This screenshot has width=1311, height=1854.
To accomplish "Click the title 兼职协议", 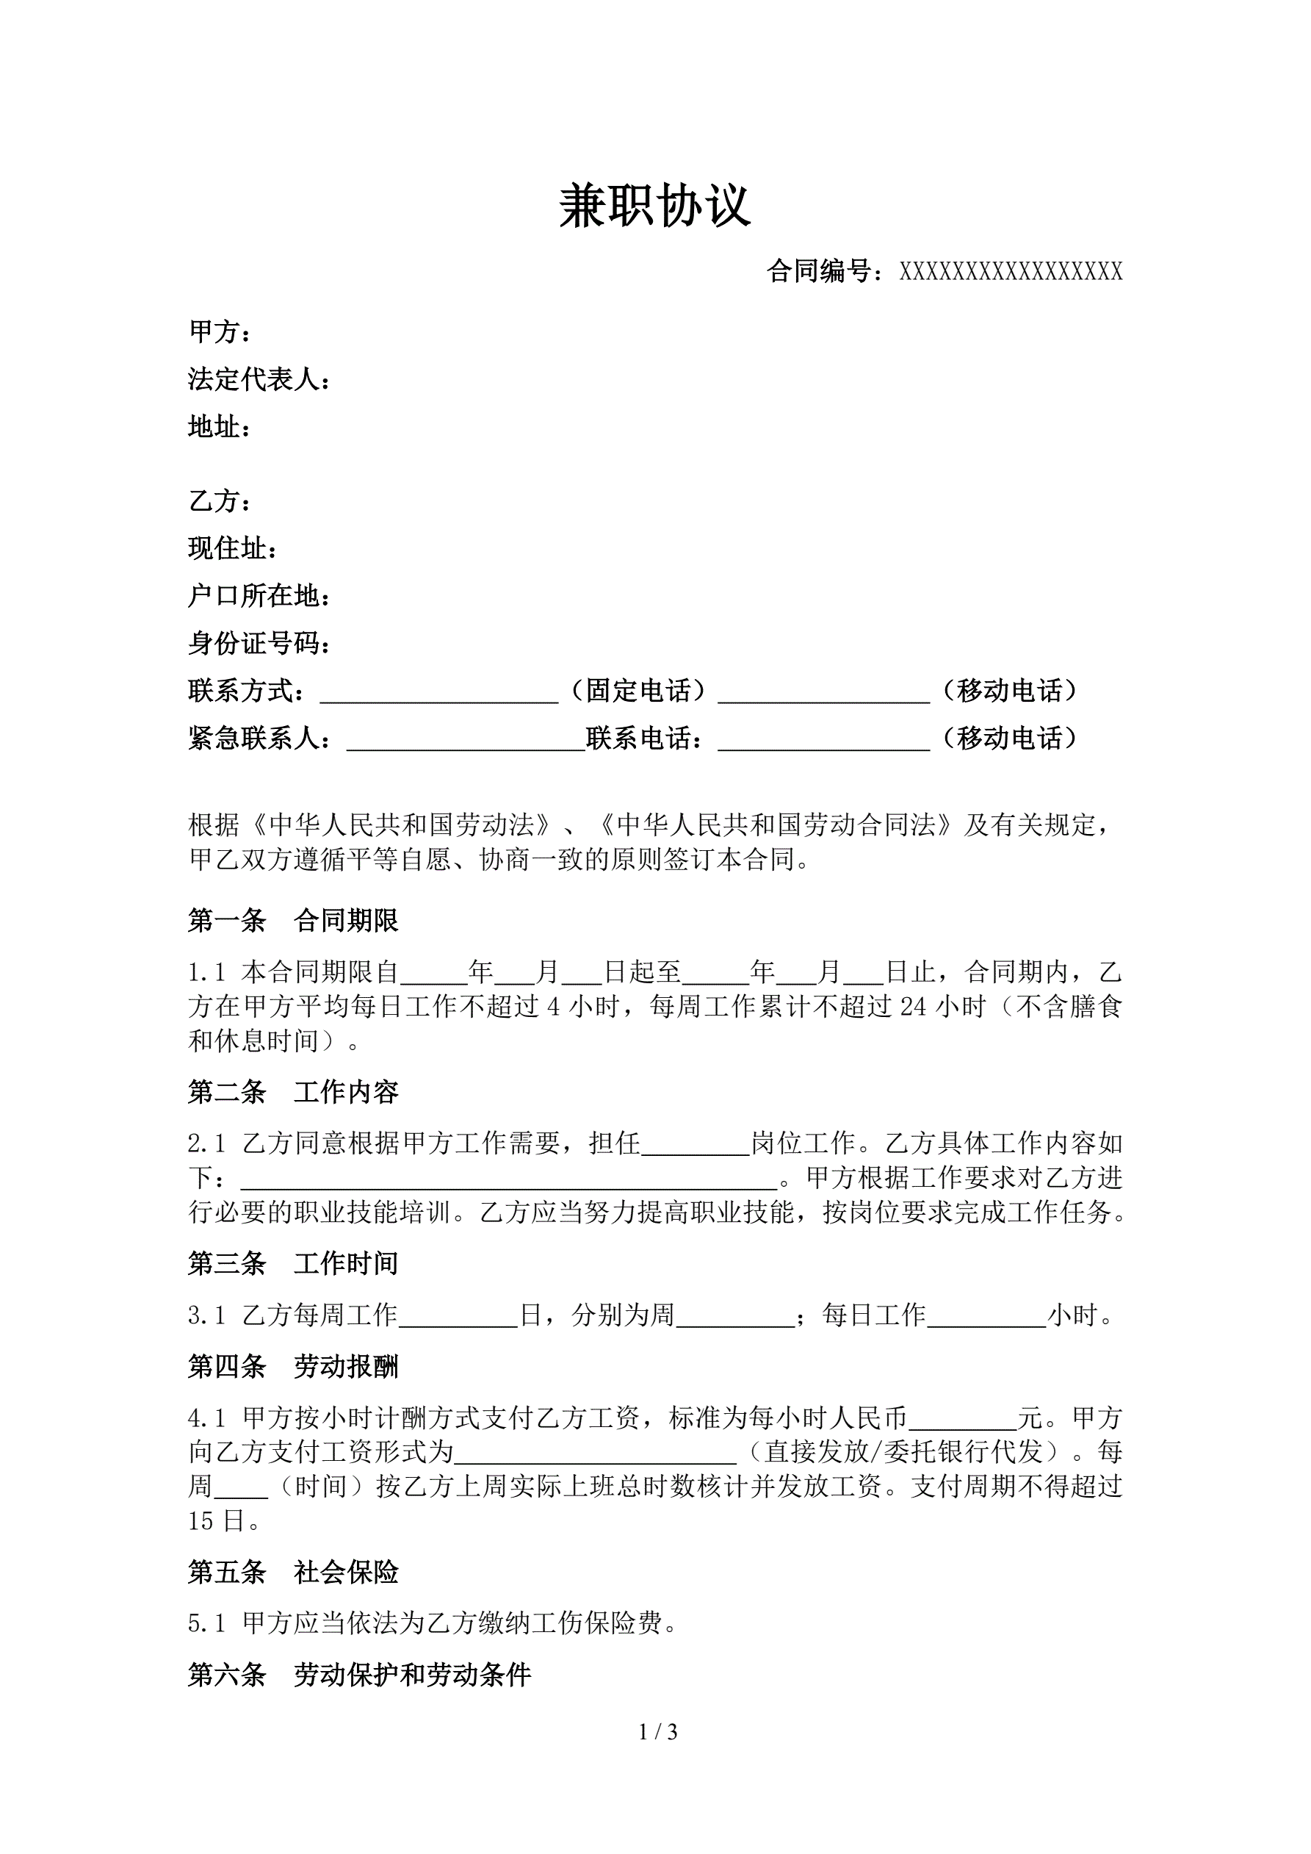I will click(x=654, y=206).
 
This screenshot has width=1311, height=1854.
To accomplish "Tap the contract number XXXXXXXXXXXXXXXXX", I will click(x=1011, y=272).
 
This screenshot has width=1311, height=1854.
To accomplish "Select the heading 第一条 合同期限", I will click(x=293, y=921).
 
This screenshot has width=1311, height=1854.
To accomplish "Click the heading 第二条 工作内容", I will click(x=293, y=1093).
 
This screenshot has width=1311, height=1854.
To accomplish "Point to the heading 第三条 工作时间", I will click(x=293, y=1264).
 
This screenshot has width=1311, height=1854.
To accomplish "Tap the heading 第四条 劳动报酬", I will click(x=293, y=1367).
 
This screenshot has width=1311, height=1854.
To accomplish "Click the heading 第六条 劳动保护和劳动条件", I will click(x=359, y=1675).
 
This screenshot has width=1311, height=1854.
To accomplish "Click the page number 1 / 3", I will click(x=657, y=1732).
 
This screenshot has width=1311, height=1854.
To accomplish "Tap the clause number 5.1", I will click(x=206, y=1624).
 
